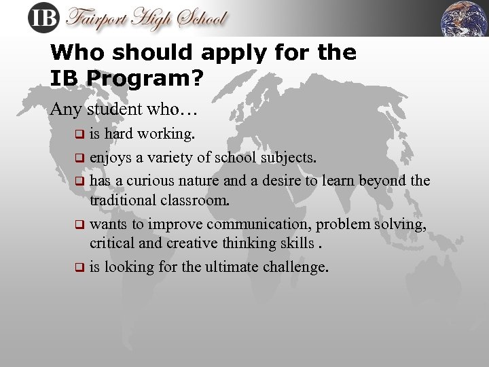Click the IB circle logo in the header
coord(43,17)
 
